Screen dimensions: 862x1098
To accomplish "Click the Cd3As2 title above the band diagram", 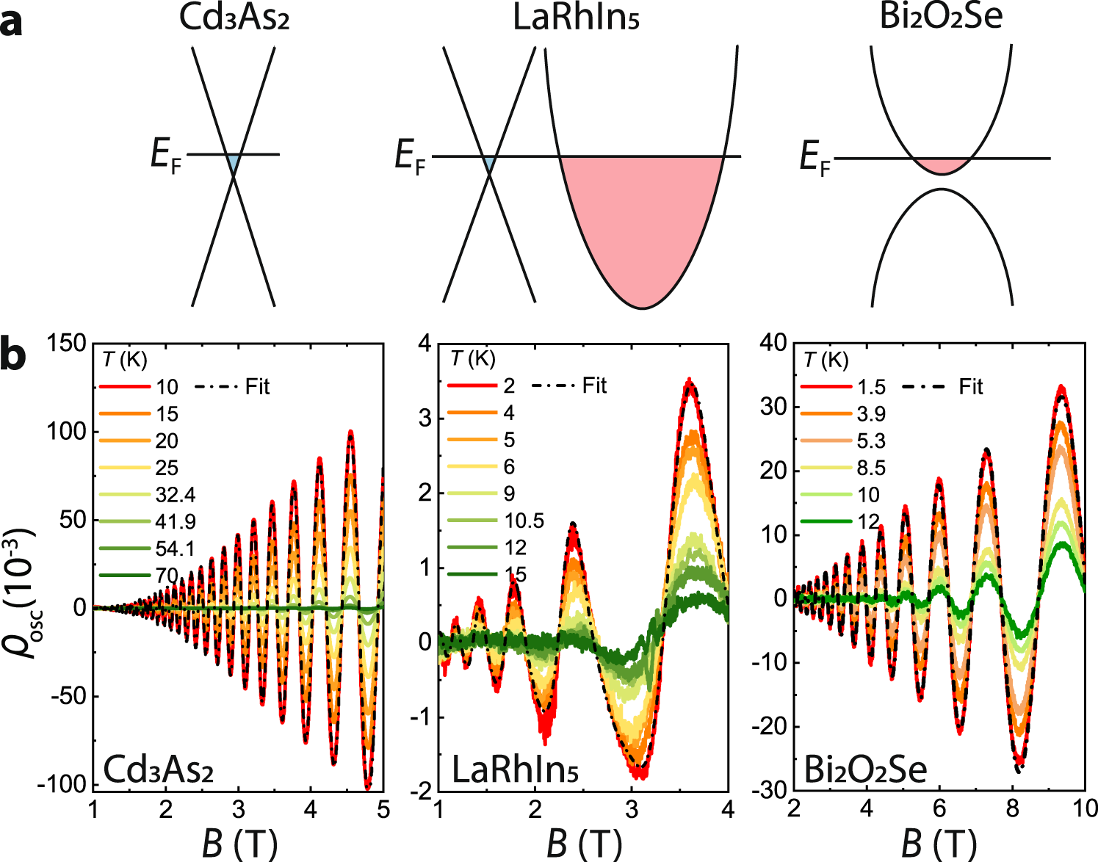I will [x=234, y=18].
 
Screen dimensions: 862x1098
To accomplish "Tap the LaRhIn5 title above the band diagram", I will [x=576, y=18].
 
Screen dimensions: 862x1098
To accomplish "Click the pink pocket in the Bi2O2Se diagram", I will [x=942, y=165].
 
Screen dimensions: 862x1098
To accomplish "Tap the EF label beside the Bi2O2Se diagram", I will [x=815, y=158].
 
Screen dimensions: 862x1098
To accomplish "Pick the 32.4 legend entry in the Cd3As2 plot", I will [x=176, y=494].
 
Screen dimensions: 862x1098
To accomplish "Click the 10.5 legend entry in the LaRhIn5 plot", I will [x=524, y=521].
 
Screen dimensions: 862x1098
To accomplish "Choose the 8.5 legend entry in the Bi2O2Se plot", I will [x=871, y=468].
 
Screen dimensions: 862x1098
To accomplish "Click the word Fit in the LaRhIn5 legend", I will [x=594, y=385].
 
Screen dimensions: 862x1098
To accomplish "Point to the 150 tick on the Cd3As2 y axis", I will [x=68, y=343].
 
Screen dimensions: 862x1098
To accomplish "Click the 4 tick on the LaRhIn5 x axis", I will [x=727, y=809].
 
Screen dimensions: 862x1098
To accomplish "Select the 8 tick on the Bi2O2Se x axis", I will [x=1012, y=809].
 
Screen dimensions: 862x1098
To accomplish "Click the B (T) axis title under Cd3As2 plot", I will [x=239, y=843].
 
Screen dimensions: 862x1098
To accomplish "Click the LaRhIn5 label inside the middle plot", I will [x=515, y=770].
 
